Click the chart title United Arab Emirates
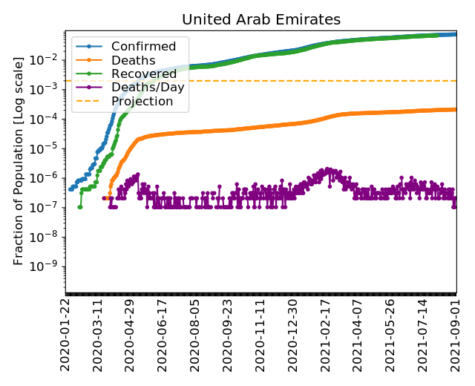point(261,19)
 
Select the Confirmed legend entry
point(143,47)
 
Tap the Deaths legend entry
point(133,60)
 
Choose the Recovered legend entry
point(144,73)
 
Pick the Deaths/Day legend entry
point(148,87)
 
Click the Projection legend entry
point(142,100)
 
